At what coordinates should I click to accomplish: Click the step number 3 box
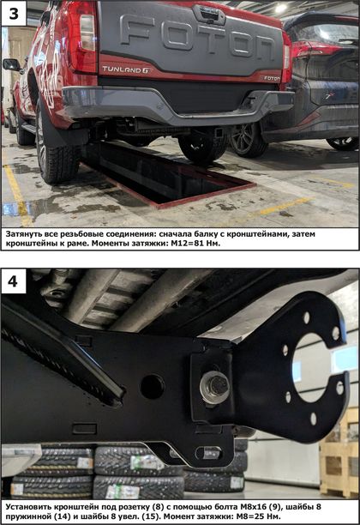(14, 14)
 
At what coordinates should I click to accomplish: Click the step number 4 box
(14, 281)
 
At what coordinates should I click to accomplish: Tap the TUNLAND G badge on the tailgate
(127, 69)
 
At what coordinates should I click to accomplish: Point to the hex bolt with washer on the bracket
(215, 387)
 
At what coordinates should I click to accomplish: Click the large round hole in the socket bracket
(310, 368)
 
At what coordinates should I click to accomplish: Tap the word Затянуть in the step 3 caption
(23, 234)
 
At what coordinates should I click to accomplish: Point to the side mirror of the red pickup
(11, 64)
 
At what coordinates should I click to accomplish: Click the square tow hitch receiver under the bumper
(219, 133)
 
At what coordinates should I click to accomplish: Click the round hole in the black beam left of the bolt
(153, 387)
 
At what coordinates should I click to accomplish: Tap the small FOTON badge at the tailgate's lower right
(272, 78)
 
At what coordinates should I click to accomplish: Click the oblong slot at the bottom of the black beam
(208, 453)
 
